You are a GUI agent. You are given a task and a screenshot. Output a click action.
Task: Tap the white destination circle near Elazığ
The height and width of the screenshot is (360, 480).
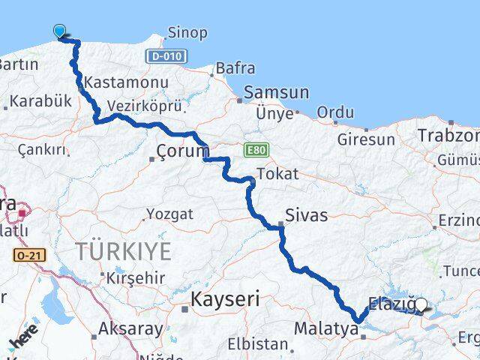tap(421, 304)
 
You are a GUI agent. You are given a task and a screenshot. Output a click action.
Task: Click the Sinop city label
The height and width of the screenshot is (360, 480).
tap(188, 33)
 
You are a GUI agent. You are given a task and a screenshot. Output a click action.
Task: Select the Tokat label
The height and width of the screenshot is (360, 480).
tap(277, 174)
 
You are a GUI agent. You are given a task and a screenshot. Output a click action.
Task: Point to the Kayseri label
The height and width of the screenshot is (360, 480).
tap(224, 299)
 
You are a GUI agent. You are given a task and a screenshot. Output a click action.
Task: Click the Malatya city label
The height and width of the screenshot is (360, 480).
tap(322, 328)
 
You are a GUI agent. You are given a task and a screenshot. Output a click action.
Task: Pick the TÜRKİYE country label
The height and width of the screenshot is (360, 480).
tap(122, 250)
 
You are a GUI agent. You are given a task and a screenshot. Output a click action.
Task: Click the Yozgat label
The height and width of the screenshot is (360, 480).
tap(170, 214)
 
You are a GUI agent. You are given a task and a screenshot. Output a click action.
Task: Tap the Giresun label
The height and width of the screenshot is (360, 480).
tap(366, 139)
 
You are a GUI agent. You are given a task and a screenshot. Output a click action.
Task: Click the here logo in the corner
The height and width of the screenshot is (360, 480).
tap(25, 341)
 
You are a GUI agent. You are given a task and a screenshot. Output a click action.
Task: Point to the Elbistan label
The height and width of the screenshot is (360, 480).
tap(260, 345)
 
